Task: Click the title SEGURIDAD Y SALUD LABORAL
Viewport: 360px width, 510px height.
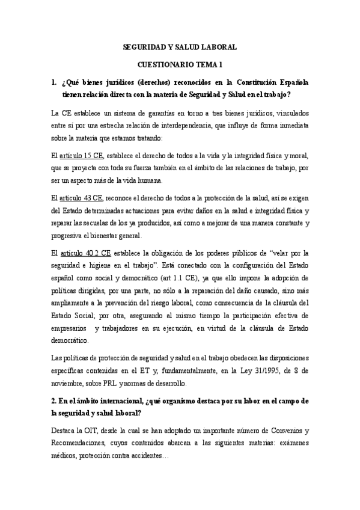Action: point(180,46)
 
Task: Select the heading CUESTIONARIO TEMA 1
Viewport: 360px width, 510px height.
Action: point(180,63)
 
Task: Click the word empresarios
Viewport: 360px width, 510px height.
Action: point(73,329)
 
